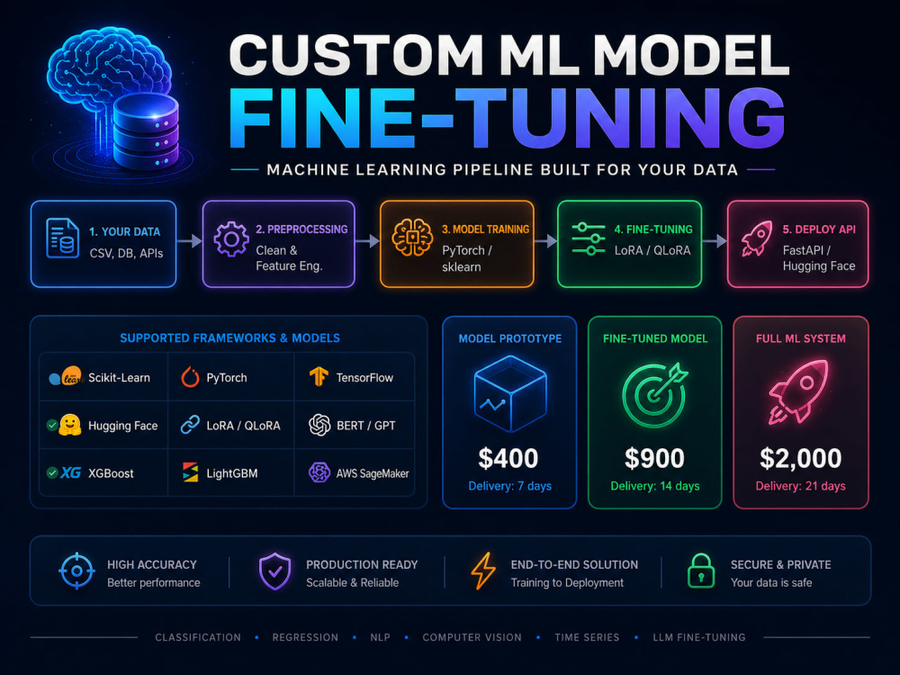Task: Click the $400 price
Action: (508, 458)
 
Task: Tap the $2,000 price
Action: (801, 458)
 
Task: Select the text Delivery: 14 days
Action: (655, 486)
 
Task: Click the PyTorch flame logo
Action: (190, 377)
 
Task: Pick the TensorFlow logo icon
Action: (319, 376)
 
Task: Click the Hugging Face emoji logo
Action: (69, 425)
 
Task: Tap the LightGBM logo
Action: (190, 472)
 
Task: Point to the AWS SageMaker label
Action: (373, 473)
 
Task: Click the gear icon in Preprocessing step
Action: (231, 239)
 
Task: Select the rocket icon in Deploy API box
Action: (757, 238)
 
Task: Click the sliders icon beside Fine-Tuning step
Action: (589, 238)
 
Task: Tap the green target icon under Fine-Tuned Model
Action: (655, 394)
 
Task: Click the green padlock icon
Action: (701, 571)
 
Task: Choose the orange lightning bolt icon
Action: (483, 571)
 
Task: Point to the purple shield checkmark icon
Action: (274, 571)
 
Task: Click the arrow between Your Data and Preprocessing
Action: (189, 241)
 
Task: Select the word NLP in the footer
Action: (380, 637)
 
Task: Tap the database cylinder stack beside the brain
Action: (146, 131)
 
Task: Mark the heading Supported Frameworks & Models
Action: (229, 338)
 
